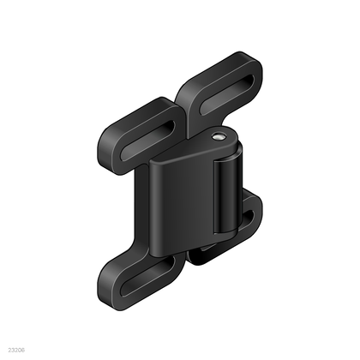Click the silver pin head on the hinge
pyautogui.click(x=221, y=135)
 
